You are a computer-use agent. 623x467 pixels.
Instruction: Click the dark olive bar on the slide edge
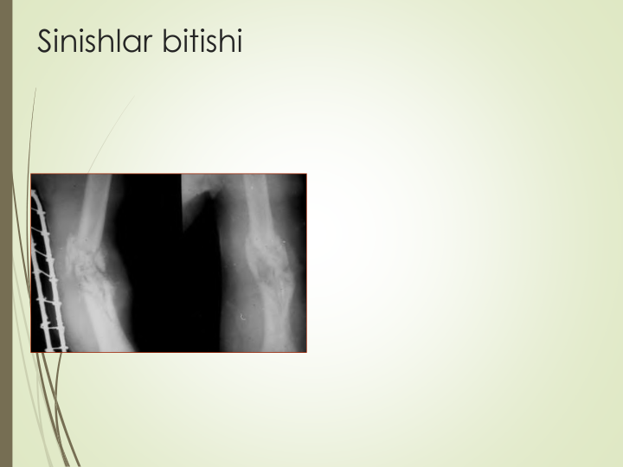[6, 233]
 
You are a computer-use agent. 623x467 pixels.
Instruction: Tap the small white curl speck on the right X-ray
[242, 317]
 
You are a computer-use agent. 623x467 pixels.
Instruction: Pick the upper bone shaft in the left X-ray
[94, 207]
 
